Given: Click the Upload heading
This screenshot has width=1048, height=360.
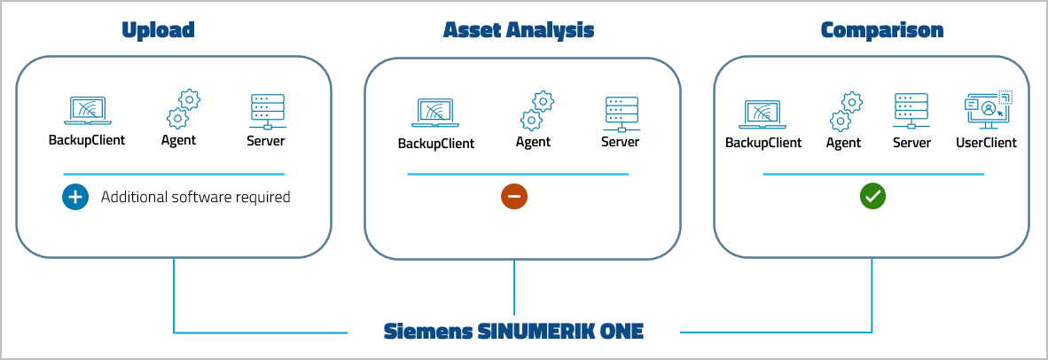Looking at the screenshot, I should [158, 30].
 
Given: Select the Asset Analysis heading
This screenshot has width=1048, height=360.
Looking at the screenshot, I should [519, 30].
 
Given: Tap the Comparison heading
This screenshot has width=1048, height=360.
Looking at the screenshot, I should [882, 30].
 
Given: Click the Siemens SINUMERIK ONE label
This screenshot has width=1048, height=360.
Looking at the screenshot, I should [513, 332].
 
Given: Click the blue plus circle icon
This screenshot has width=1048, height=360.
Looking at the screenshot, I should [75, 197].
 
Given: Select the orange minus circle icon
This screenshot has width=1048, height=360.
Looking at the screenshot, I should [514, 197].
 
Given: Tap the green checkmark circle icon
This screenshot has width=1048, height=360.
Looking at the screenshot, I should [872, 197].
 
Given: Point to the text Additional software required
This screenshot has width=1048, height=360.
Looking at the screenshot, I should [195, 197].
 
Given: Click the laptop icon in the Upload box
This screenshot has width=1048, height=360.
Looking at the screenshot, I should [86, 111].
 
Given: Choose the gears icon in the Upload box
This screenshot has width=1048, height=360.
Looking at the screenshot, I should [182, 109].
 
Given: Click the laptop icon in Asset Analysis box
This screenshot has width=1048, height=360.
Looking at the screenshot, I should [435, 113].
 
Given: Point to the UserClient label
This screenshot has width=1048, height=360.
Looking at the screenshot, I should [986, 142].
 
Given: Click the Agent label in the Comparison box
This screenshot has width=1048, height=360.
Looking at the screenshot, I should [843, 142].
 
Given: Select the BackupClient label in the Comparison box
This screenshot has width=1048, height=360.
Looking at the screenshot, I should [763, 142].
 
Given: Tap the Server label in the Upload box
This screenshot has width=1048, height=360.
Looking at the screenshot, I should [266, 139].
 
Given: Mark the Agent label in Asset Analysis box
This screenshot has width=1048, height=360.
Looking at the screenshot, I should [533, 142].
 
